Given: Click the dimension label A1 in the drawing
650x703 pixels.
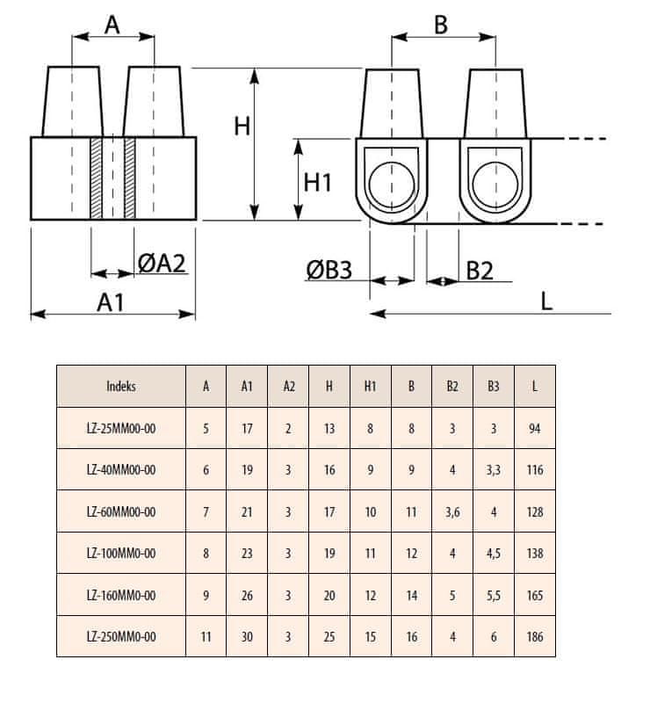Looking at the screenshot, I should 110,301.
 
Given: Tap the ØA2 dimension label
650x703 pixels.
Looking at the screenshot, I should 162,262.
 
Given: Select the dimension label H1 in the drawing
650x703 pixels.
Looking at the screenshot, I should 317,182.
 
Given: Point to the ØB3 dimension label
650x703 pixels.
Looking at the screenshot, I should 329,269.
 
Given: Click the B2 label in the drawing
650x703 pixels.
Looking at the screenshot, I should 479,269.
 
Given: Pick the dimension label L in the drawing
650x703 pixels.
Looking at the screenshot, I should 546,301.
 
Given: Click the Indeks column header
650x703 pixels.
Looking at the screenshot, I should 121,386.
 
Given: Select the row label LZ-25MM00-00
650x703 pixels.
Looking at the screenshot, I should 121,428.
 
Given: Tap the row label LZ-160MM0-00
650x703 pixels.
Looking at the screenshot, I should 121,596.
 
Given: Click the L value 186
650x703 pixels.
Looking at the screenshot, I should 534,637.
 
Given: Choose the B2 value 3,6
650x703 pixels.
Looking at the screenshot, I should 452,511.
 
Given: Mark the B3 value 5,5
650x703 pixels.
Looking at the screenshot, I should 494,596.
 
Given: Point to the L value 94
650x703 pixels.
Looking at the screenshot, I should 534,428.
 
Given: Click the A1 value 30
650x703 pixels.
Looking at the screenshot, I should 247,637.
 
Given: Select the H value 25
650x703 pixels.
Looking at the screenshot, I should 329,637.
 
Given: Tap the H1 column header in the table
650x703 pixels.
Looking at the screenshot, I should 370,386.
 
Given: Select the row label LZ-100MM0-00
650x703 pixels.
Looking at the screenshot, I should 121,554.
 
